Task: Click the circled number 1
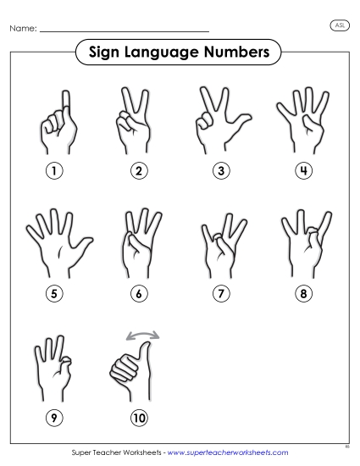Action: pos(55,171)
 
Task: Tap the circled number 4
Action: pos(302,171)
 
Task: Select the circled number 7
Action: pos(220,294)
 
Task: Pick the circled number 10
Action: pos(138,418)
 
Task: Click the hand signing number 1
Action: pos(59,122)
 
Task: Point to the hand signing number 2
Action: pos(137,121)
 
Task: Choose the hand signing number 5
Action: pos(55,244)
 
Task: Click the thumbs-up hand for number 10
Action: pos(134,369)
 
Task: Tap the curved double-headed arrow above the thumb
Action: pos(141,338)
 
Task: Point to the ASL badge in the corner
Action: pos(338,26)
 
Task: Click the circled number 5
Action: pos(55,294)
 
